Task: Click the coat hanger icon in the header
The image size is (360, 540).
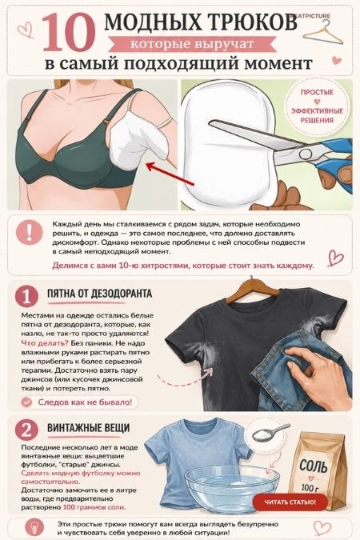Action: click(x=325, y=32)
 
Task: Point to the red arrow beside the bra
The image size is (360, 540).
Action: click(x=170, y=176)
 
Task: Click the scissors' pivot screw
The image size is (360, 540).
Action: click(x=305, y=154)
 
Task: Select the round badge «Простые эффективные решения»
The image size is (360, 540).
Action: click(x=318, y=106)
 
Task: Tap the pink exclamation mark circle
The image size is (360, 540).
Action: click(x=30, y=232)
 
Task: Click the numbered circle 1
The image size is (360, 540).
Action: click(x=26, y=295)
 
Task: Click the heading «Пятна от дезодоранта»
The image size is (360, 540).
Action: click(x=99, y=294)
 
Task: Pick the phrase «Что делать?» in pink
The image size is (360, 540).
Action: click(x=45, y=343)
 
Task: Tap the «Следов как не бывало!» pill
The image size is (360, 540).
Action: click(x=80, y=402)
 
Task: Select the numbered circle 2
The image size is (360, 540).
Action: click(x=26, y=430)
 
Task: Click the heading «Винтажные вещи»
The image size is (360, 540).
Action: click(x=88, y=428)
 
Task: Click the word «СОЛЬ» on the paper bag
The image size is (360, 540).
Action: click(x=313, y=466)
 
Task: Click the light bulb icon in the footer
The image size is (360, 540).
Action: click(x=34, y=528)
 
